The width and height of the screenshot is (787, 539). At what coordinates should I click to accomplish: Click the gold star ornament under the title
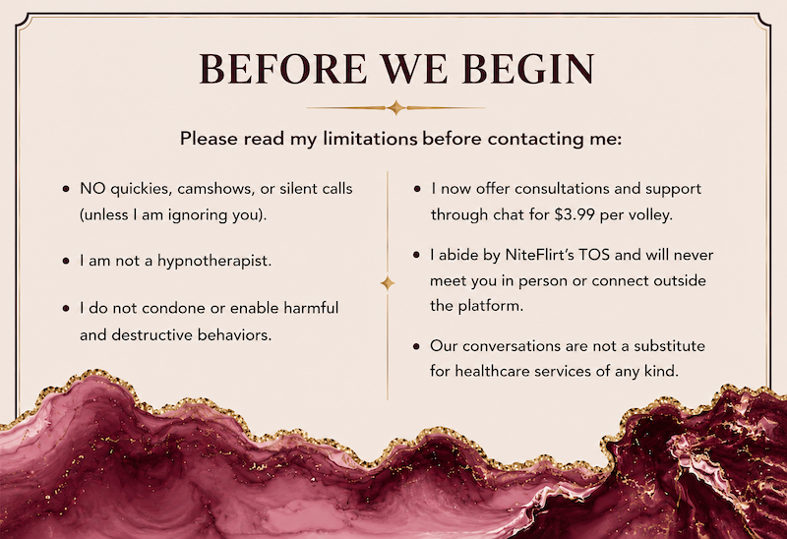coord(395,107)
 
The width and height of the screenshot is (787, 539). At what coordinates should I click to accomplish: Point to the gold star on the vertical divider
coord(387,283)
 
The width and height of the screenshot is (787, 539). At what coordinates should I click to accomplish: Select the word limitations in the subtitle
coord(370,139)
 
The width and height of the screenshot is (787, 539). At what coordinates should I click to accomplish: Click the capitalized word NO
coord(92,189)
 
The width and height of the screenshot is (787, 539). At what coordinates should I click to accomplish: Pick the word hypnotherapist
coord(214,261)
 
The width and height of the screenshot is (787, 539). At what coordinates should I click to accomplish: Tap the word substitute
coord(670,346)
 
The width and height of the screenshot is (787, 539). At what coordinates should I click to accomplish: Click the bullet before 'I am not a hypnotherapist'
coord(66,262)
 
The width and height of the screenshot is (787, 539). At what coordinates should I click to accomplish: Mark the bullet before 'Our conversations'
coord(416,346)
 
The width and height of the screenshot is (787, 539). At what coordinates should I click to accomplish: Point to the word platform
coord(491,306)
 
